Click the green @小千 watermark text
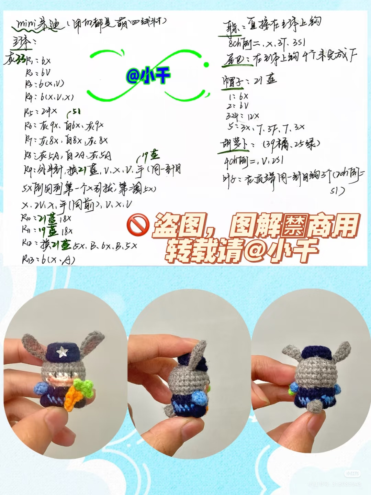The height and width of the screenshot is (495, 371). (x=148, y=75)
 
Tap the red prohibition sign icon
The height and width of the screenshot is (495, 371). (x=138, y=225)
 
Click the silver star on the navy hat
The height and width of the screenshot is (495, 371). (x=62, y=351)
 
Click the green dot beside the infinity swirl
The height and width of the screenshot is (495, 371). (x=206, y=65)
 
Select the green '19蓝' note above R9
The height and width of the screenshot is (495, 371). (x=149, y=156)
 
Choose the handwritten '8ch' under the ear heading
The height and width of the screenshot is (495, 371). (x=235, y=44)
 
